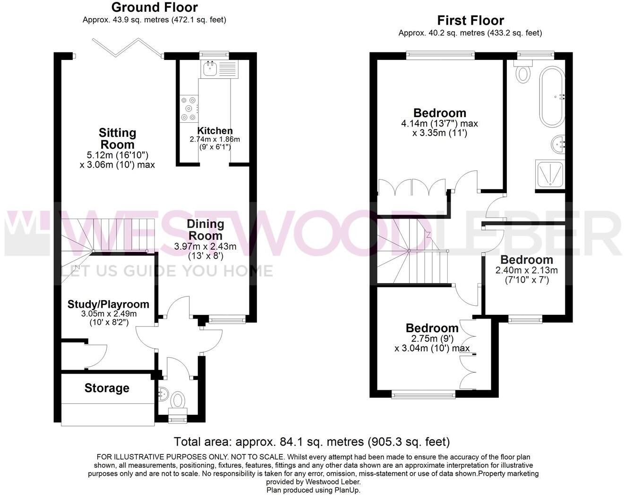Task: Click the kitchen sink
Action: pos(210,70)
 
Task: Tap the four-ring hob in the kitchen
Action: pos(188,109)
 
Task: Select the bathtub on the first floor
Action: pos(552,97)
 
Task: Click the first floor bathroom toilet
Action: pos(523,73)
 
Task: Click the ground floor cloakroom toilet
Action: pos(178,401)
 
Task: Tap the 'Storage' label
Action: pos(107,388)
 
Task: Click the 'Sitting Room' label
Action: pos(117,139)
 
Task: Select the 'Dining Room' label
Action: pos(205,229)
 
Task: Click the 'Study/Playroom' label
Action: pos(108,304)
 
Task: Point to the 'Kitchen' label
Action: pos(215,131)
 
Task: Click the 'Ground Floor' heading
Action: pos(154,8)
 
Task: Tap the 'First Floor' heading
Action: pos(470,21)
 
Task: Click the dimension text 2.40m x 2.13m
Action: pos(526,270)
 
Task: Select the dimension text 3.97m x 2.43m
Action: pos(205,246)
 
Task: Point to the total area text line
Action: pos(312,442)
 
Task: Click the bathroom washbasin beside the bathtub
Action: pos(558,143)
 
